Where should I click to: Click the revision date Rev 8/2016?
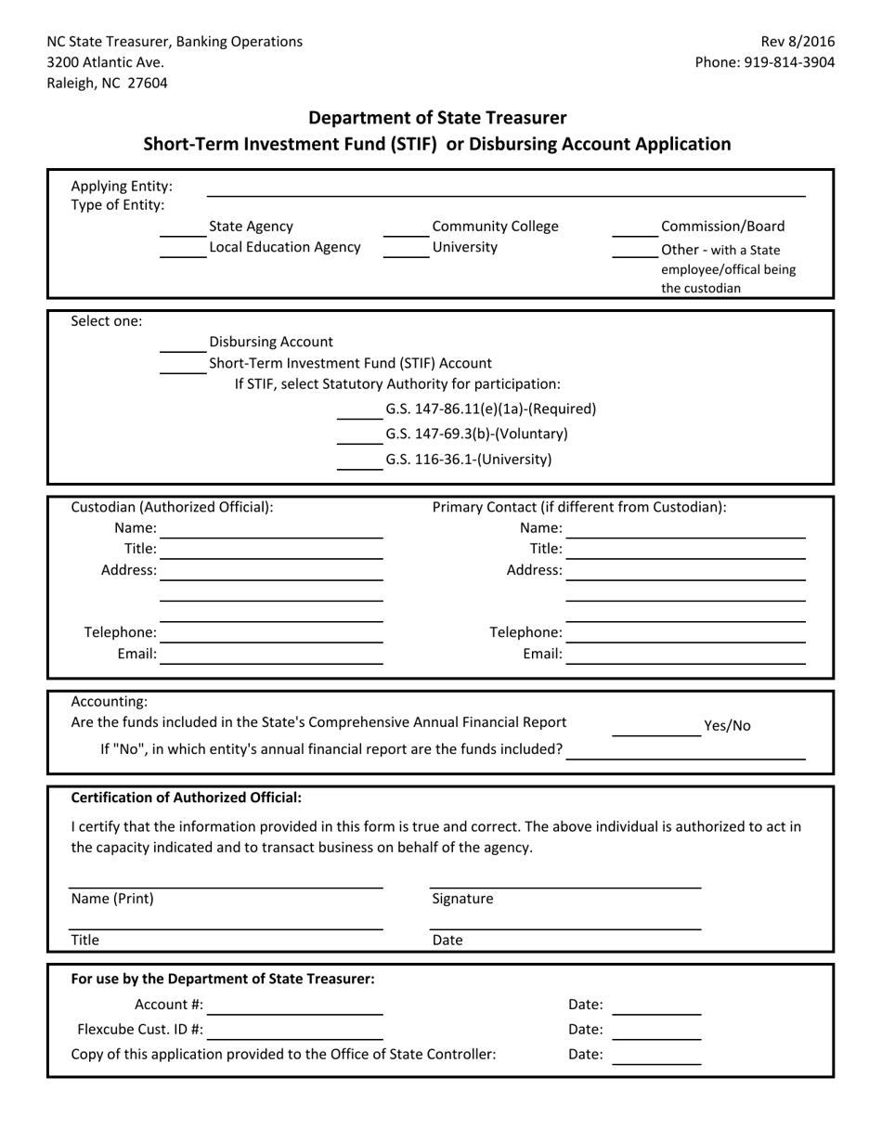click(x=798, y=41)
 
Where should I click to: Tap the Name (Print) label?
click(x=112, y=899)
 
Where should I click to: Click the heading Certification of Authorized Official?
click(x=187, y=798)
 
